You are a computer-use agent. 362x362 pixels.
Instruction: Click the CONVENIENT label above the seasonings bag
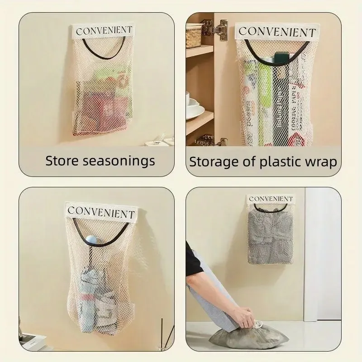tap(104, 31)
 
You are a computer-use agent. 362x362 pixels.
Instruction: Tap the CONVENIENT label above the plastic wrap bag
tap(277, 32)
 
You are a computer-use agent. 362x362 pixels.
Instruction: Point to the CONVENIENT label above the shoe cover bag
tap(271, 199)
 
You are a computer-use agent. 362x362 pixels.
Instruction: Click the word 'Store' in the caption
tap(63, 161)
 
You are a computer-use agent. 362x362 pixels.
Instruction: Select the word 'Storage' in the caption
tap(215, 161)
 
